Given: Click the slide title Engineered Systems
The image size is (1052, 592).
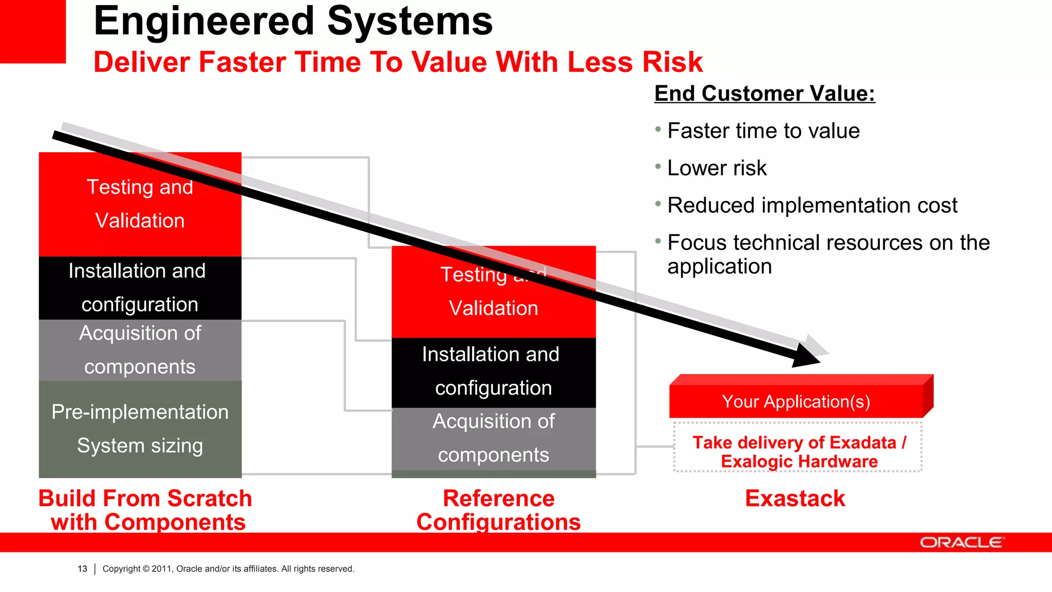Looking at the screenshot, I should click(x=293, y=22).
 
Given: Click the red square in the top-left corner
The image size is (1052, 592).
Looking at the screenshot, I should click(x=32, y=31).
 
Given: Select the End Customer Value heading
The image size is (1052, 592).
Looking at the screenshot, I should click(x=764, y=94).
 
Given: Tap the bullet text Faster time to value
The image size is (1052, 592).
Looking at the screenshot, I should click(x=763, y=131).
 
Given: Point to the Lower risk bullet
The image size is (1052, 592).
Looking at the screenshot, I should click(x=717, y=168).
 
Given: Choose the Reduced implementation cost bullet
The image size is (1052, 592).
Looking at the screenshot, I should click(x=812, y=205).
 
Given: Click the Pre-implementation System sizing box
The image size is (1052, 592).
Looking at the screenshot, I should click(x=140, y=429).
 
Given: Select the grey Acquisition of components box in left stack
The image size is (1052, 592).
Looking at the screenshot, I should click(x=140, y=350).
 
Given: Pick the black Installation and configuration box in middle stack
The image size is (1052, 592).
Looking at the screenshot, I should click(x=493, y=372).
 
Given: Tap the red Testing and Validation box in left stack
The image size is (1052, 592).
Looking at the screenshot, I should click(x=140, y=216).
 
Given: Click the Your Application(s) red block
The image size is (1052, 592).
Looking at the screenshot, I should click(x=796, y=401).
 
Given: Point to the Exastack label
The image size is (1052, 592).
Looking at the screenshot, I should click(x=795, y=498).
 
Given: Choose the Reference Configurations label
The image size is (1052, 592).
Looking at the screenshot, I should click(x=498, y=510).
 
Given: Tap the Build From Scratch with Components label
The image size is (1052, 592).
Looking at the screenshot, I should click(x=146, y=510).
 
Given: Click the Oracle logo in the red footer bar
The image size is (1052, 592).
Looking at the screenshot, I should click(x=961, y=543).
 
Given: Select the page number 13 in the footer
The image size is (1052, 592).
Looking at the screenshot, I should click(x=82, y=569).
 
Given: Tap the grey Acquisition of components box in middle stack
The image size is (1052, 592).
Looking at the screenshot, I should click(x=493, y=438).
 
